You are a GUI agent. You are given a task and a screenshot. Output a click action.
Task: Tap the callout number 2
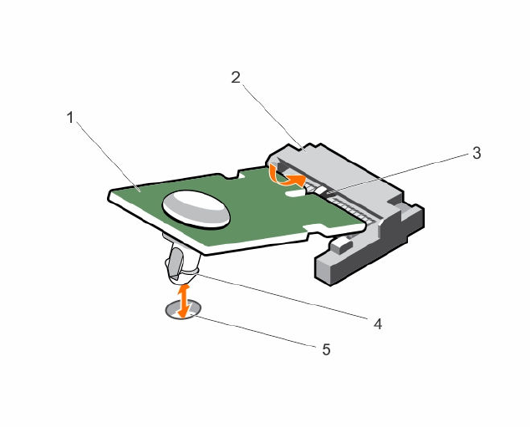tap(237, 78)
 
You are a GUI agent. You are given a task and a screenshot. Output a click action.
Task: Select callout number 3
tap(476, 153)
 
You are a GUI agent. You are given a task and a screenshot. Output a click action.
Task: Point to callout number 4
tap(378, 323)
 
